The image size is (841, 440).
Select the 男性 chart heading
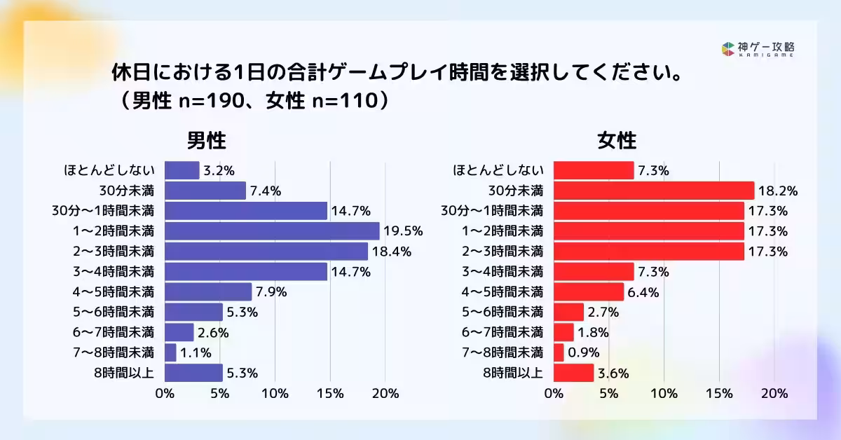206,141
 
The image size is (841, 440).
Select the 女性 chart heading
617,141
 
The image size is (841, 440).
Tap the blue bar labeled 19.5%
272,231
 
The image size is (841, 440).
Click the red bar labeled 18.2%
654,191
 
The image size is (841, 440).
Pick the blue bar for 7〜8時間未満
170,352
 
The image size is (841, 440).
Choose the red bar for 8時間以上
574,373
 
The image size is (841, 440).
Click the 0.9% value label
584,352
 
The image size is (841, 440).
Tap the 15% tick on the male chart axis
330,394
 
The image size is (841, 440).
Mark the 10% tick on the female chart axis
664,394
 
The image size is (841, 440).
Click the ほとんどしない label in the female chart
498,170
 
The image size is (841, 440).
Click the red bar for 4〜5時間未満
589,291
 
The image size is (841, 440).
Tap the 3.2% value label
218,170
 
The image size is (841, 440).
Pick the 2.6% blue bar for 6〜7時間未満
179,332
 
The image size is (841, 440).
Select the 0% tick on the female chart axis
554,394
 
